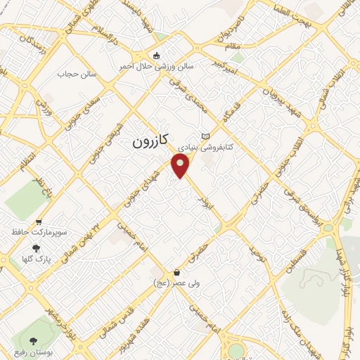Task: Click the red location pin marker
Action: point(182,166)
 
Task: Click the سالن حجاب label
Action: point(75,73)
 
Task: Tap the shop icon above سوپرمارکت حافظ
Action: point(35,220)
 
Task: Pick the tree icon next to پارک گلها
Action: point(35,247)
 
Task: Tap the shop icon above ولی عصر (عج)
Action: point(176,272)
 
